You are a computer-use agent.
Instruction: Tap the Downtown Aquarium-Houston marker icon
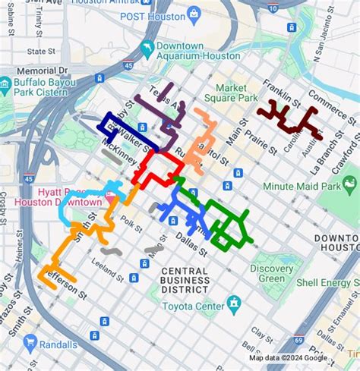146,51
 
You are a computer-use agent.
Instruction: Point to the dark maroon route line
289,120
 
